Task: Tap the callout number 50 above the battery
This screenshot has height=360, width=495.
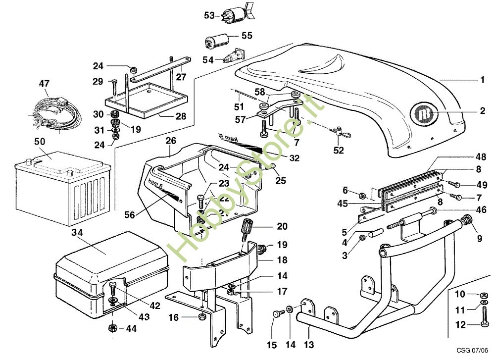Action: pyautogui.click(x=40, y=141)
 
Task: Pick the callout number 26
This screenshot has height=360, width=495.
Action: pyautogui.click(x=171, y=141)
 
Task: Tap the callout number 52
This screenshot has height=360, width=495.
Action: pyautogui.click(x=339, y=150)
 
